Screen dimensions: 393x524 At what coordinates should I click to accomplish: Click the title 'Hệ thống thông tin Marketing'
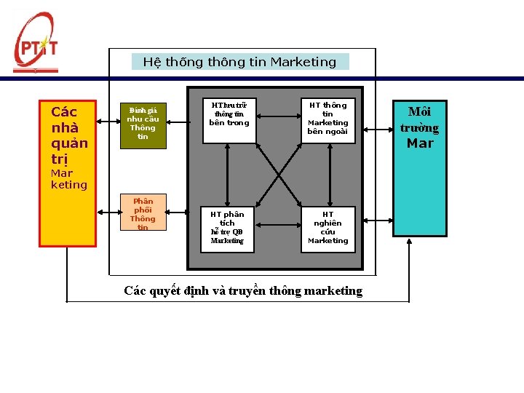(x=240, y=62)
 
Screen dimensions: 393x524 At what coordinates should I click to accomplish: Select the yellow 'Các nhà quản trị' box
(x=68, y=173)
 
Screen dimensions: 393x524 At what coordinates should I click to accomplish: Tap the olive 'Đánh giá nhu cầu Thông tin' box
(x=143, y=126)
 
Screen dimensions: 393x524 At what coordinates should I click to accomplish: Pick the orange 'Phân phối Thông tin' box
(x=143, y=213)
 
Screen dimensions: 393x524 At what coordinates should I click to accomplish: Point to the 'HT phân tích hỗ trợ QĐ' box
(x=228, y=227)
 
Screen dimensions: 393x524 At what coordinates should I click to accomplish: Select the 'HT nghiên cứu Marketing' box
(x=328, y=227)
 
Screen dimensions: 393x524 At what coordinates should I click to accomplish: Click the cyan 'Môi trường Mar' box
(x=420, y=167)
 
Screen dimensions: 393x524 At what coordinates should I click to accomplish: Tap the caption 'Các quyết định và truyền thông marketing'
(x=243, y=291)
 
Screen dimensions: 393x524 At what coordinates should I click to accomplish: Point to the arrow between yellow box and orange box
(x=108, y=212)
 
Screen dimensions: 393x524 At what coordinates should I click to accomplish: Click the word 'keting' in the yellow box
(x=68, y=185)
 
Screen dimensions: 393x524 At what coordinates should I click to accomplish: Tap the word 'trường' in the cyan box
(x=420, y=128)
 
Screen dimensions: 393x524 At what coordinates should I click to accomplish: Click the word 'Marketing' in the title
(x=303, y=62)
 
